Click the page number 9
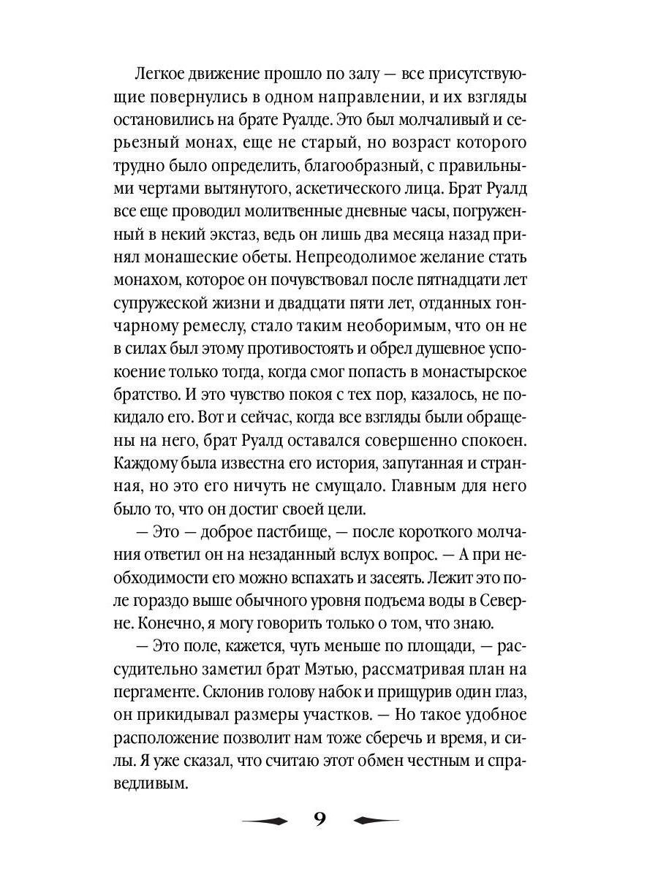coord(319,819)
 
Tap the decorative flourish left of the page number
coord(265,820)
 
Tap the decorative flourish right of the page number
coord(376,820)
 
